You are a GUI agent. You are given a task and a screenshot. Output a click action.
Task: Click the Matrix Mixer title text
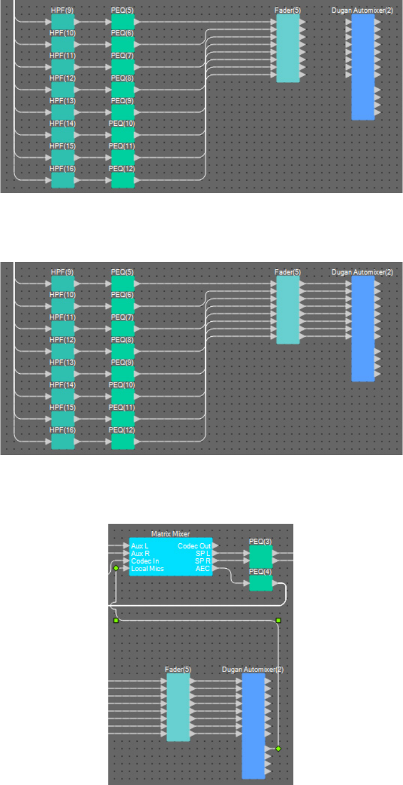tap(170, 534)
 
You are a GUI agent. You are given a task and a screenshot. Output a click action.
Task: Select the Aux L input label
tap(140, 546)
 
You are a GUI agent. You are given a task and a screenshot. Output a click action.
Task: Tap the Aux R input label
tap(141, 553)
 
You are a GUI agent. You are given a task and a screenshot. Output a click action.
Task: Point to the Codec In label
tap(145, 561)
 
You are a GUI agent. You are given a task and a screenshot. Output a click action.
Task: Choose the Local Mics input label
tap(147, 568)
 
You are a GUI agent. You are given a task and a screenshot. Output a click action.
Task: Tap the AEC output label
tap(203, 568)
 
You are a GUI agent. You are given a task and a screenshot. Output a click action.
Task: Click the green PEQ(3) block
tap(261, 557)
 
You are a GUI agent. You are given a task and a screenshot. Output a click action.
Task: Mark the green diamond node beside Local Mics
tap(116, 568)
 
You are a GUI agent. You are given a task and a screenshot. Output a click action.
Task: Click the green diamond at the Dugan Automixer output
tap(278, 748)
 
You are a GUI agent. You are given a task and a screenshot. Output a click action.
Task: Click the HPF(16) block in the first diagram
tap(63, 181)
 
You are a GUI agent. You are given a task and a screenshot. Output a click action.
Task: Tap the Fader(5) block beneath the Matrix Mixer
tap(178, 707)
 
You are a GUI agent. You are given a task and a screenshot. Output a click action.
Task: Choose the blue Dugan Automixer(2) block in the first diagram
tap(363, 67)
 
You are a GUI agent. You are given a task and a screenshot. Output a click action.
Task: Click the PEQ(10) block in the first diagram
tap(123, 135)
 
